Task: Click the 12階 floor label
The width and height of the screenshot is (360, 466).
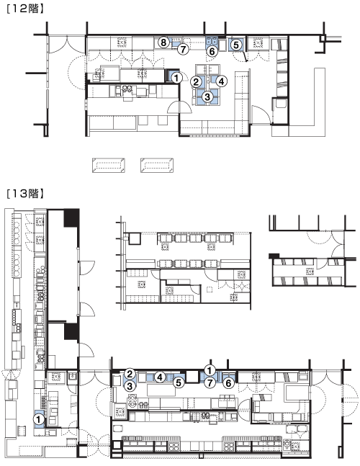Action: pos(25,9)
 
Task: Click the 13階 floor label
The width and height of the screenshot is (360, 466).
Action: pos(25,194)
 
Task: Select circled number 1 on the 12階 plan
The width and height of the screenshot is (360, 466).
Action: pos(176,79)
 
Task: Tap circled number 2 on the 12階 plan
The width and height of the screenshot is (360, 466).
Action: pos(196,81)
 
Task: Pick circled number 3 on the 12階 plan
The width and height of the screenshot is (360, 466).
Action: pos(207,97)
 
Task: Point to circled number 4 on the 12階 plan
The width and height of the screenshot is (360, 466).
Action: pos(222,81)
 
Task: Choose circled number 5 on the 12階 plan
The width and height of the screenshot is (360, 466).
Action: pos(236,45)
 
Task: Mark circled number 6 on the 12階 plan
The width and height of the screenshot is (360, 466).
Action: pos(212,51)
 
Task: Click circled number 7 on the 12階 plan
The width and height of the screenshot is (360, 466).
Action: pos(183,49)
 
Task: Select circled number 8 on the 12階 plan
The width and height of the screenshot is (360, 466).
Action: pos(163,42)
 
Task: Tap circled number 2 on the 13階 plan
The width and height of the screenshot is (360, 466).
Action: pos(130,374)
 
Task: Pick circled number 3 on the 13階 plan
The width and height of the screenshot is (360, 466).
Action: pos(130,386)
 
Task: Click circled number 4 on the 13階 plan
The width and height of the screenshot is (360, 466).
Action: pos(160,377)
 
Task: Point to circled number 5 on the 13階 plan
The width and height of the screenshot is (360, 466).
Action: pos(179,382)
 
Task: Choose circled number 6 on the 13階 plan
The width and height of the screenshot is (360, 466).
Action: pos(228,383)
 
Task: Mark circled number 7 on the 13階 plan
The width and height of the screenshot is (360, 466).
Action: pos(210,382)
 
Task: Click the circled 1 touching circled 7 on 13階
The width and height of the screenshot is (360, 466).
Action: pos(210,370)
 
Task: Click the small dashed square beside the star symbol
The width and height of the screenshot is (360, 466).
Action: pos(210,289)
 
